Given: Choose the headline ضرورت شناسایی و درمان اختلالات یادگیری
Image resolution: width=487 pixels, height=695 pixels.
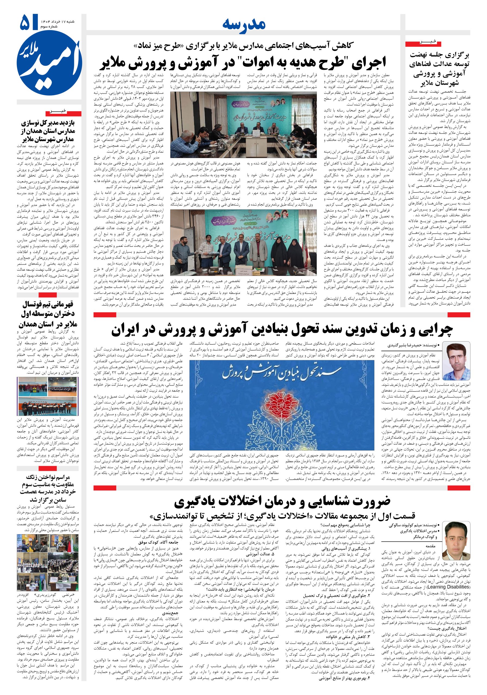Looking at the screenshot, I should [282, 501].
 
